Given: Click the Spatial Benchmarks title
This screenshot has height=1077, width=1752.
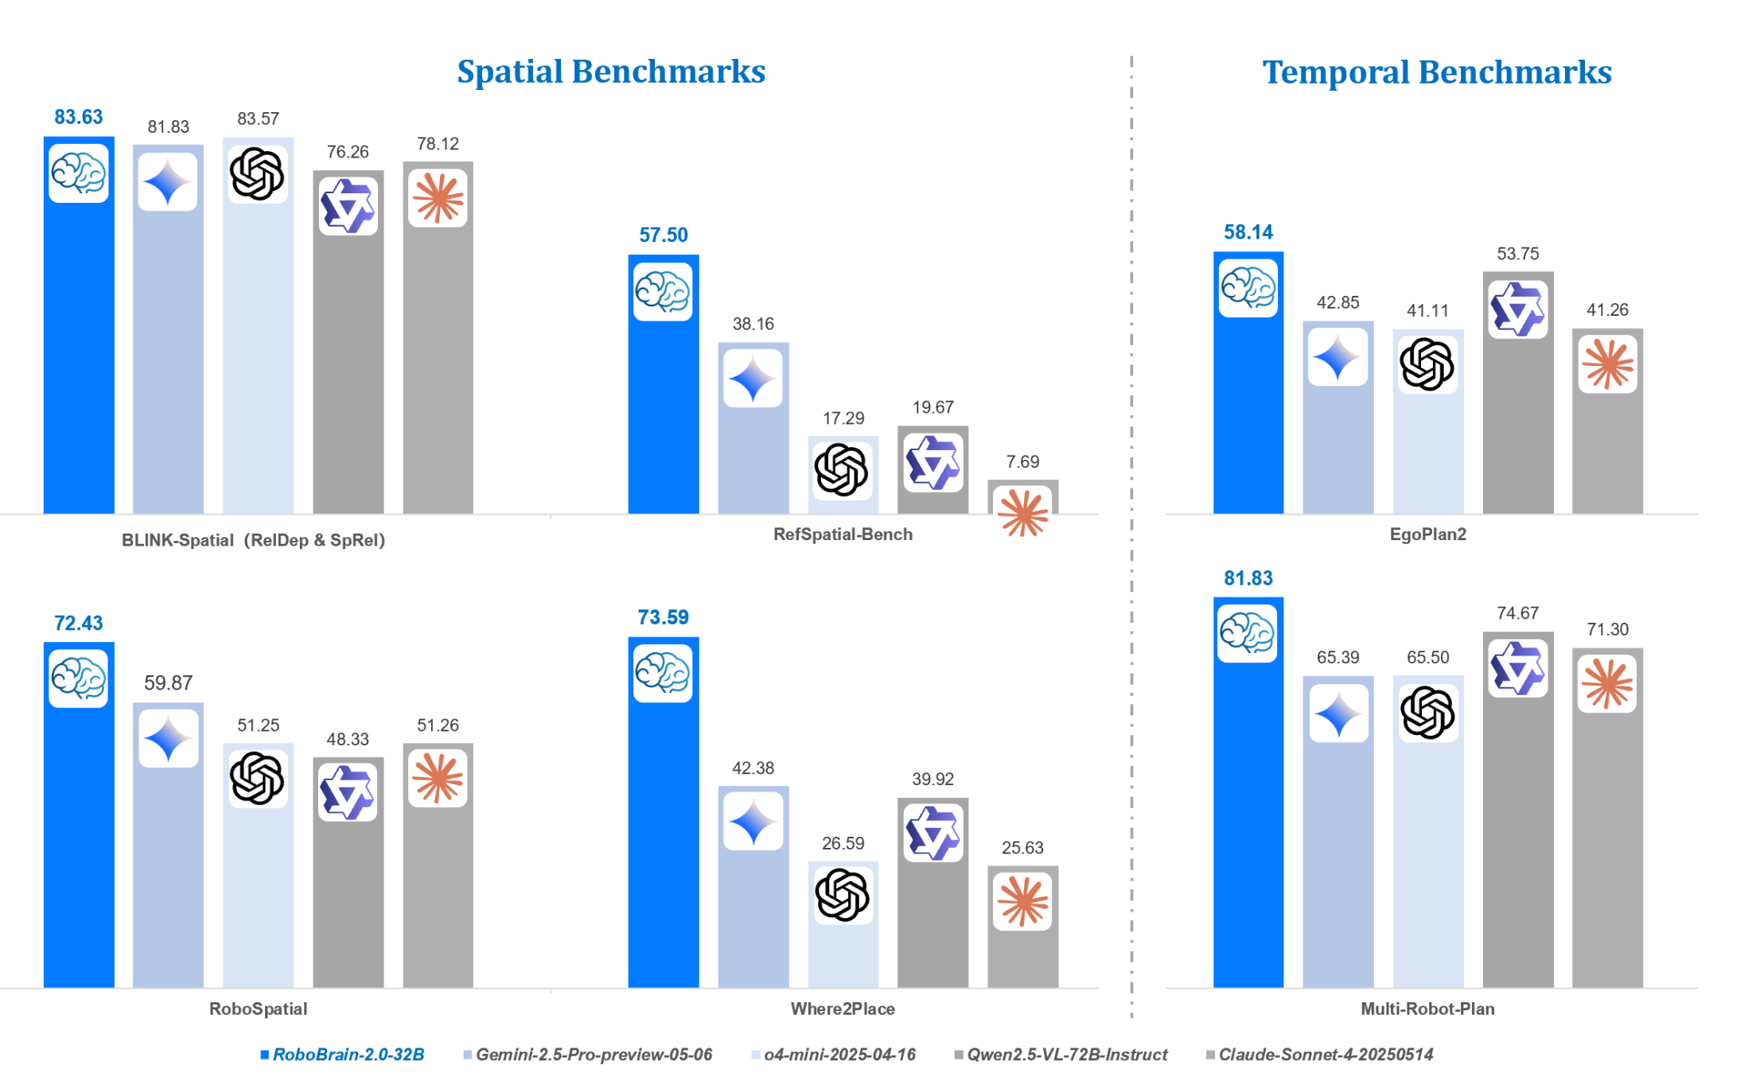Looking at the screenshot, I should coord(610,72).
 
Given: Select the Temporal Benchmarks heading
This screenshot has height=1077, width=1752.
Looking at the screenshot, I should coord(1436,72).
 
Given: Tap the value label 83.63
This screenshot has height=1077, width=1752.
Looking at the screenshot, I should coord(78,117).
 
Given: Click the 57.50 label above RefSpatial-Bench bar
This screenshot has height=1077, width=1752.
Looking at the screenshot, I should coord(663,235).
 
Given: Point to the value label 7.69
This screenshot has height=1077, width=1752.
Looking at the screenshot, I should coord(1022,461).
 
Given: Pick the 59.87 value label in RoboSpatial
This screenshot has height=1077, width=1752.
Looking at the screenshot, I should coord(168,682).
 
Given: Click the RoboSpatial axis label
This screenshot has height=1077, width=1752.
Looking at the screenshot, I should coord(258,1009).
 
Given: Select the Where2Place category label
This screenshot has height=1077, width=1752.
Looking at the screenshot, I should coord(843,1009).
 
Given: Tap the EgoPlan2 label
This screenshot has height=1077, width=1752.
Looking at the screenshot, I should coord(1427,535).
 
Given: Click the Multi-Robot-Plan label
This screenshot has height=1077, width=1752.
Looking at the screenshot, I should coord(1427,1009).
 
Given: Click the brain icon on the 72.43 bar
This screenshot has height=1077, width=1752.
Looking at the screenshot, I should coord(78,678).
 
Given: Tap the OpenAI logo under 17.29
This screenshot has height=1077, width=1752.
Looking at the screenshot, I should coord(842,469).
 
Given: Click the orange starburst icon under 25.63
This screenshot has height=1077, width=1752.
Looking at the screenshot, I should coord(1022,901).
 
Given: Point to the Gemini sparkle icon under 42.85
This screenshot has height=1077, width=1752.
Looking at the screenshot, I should coord(1337,357).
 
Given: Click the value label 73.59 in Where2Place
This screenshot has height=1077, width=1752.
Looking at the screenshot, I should coord(663,617).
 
